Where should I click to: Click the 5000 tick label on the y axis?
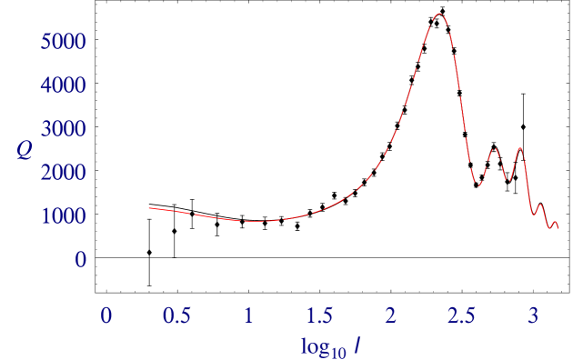point(64,42)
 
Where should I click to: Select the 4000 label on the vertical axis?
point(64,85)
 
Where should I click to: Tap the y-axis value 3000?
point(64,129)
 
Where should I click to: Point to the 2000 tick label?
point(64,173)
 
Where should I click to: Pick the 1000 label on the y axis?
point(64,216)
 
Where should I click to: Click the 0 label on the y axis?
point(81,260)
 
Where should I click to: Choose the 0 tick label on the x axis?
point(106,316)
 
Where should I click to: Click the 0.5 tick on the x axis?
point(176,316)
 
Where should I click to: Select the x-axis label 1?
point(248,316)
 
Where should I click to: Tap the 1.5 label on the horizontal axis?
point(319,316)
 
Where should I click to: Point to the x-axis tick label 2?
point(390,316)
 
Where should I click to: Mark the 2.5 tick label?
point(461,316)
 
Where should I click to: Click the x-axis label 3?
point(533,316)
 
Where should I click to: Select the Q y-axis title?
point(25,151)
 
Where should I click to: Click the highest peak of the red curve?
point(438,14)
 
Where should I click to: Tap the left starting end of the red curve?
point(149,208)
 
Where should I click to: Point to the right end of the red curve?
point(558,226)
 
